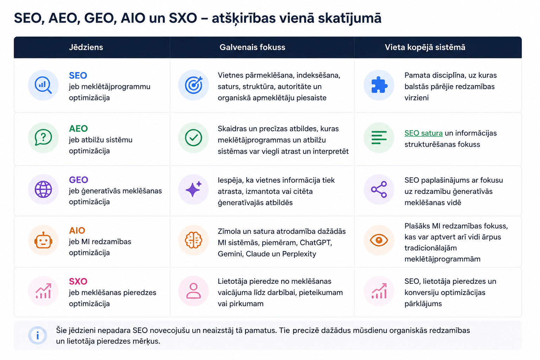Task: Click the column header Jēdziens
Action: coord(86,47)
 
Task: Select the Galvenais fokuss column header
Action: coord(252,47)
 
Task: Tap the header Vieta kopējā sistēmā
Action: coord(425,47)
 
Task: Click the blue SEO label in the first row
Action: coord(78,76)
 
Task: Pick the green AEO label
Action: coord(78,129)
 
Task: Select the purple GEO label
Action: coord(79,180)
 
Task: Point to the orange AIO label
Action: coord(77,231)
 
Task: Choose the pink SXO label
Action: coord(78,281)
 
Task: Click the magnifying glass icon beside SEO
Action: coord(43,85)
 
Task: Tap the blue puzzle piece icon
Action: coord(379,85)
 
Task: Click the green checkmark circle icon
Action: coord(193,138)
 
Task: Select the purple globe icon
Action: coord(43,189)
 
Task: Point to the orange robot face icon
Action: coord(43,240)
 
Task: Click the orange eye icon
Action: coord(379,240)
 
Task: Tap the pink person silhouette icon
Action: coord(193,291)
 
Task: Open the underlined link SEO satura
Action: coord(423,133)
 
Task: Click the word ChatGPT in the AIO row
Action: coord(316,243)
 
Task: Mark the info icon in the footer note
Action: coord(37,335)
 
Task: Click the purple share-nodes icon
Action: coord(379,189)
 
